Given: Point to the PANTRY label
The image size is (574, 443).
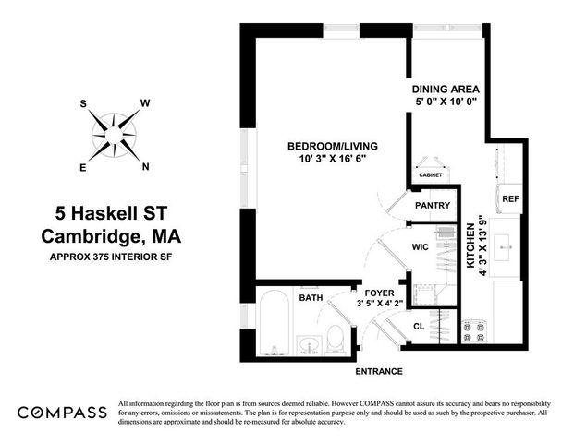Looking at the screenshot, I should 432,205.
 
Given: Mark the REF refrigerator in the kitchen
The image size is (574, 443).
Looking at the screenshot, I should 509,198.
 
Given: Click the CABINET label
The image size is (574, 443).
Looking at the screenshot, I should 431,174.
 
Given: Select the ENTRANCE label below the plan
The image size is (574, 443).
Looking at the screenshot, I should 379,371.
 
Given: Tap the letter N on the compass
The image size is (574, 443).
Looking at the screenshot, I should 145,167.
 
